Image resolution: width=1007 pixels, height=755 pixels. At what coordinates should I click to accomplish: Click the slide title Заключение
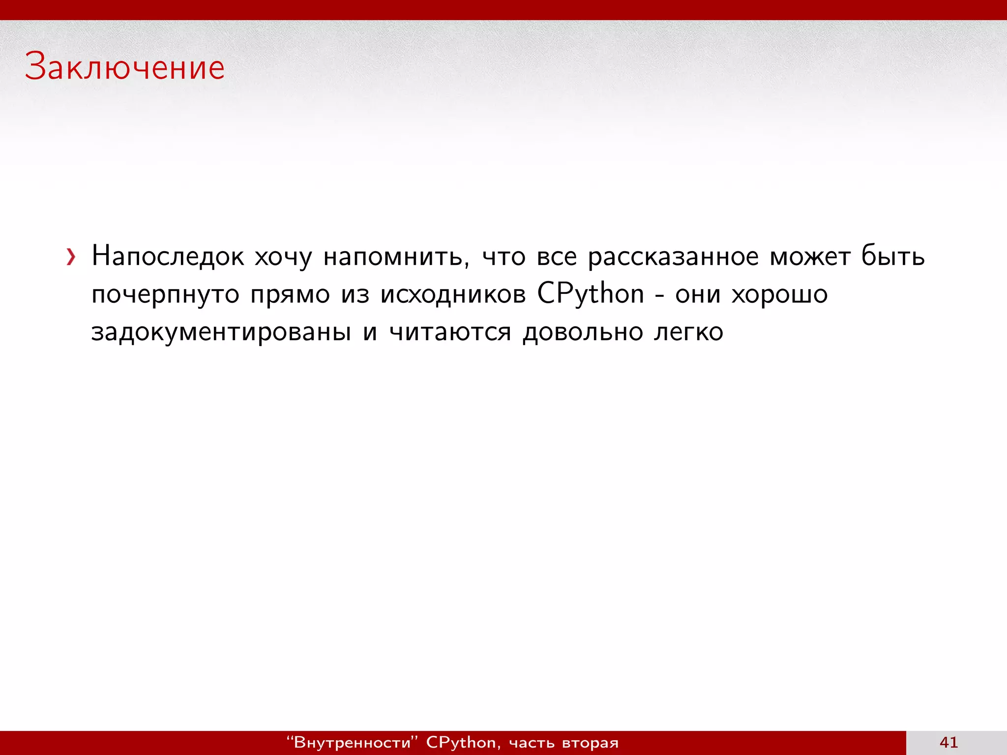point(125,67)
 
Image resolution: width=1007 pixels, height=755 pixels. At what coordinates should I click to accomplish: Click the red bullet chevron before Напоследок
point(71,257)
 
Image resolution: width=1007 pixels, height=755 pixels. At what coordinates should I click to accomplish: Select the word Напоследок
point(168,257)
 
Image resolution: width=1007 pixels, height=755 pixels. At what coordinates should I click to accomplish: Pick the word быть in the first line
point(893,257)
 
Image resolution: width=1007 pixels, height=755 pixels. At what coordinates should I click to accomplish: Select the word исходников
point(453,294)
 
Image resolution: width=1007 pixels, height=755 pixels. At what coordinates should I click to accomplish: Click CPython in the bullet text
point(590,294)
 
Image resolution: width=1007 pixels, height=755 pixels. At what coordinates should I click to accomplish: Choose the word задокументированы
point(221,332)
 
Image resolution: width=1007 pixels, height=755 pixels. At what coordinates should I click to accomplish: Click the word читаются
point(450,332)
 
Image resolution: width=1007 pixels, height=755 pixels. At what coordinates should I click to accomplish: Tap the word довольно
point(583,332)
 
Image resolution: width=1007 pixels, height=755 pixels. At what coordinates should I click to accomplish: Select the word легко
point(688,332)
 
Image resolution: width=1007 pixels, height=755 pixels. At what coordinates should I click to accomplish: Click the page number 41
point(948,742)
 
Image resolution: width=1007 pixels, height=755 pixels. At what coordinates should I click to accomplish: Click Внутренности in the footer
point(352,742)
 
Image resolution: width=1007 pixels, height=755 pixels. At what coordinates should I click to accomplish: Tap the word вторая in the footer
point(590,743)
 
